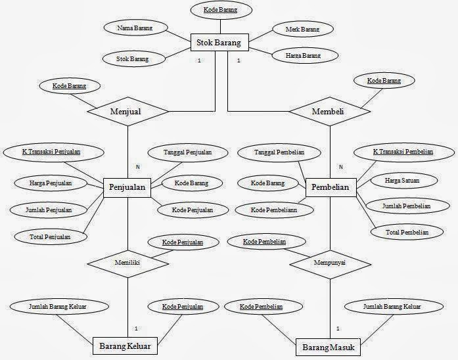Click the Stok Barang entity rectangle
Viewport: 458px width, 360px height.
(219, 43)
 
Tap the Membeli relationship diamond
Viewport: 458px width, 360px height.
(328, 112)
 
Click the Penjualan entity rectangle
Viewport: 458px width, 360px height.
(127, 189)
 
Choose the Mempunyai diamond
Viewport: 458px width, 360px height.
(329, 262)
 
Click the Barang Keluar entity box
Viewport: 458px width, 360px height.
(125, 346)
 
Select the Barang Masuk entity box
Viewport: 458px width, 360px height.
(328, 346)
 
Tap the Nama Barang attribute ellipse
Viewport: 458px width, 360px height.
(135, 29)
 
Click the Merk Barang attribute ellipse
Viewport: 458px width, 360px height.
(302, 30)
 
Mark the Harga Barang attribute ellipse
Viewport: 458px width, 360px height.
(303, 56)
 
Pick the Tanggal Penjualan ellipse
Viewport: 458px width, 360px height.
(189, 153)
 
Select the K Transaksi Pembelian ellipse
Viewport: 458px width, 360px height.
(403, 152)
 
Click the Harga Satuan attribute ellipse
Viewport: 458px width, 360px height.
(403, 179)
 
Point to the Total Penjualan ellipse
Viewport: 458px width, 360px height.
(51, 235)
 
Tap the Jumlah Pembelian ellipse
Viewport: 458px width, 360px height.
(406, 206)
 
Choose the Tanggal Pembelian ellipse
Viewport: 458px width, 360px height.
(279, 153)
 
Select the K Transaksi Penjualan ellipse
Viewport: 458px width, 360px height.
(51, 152)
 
